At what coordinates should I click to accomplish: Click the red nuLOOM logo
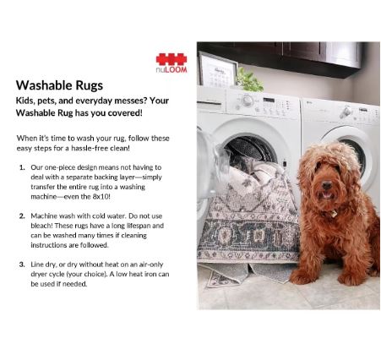pyautogui.click(x=171, y=63)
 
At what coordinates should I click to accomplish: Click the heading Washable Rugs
pyautogui.click(x=59, y=85)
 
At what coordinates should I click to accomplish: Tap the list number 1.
pyautogui.click(x=22, y=167)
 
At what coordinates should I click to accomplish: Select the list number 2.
pyautogui.click(x=22, y=216)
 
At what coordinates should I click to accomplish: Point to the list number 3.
pyautogui.click(x=22, y=265)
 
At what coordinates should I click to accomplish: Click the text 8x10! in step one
pyautogui.click(x=101, y=197)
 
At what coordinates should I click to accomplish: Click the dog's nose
pyautogui.click(x=327, y=185)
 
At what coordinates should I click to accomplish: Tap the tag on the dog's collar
pyautogui.click(x=334, y=214)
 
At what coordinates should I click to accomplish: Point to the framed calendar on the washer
pyautogui.click(x=217, y=69)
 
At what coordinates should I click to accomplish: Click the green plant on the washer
pyautogui.click(x=249, y=79)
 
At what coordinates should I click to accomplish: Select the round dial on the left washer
pyautogui.click(x=248, y=101)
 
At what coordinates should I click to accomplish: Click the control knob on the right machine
pyautogui.click(x=345, y=112)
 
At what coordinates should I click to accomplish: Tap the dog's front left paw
pyautogui.click(x=302, y=276)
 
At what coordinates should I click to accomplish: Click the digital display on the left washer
pyautogui.click(x=269, y=100)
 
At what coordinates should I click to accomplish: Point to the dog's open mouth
pyautogui.click(x=326, y=194)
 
